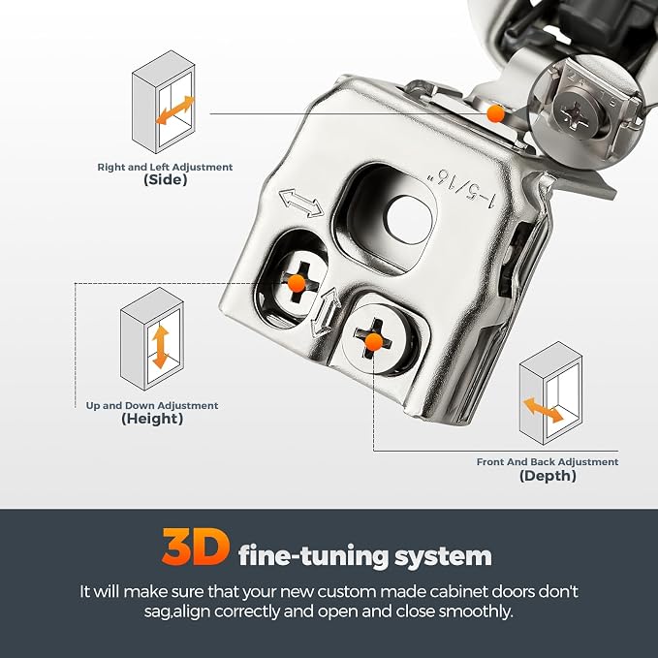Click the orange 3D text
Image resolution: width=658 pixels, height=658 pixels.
point(196,547)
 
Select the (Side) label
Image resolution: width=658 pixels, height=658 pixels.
point(165,180)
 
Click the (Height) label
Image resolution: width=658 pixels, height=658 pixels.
point(152,419)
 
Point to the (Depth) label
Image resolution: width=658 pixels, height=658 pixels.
point(548,476)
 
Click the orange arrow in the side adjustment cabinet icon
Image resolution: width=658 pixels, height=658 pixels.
point(175,110)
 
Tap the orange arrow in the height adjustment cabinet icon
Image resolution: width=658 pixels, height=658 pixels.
point(161,347)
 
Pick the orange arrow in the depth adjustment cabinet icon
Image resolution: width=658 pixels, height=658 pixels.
point(543,410)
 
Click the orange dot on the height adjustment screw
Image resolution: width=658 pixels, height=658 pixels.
point(297,283)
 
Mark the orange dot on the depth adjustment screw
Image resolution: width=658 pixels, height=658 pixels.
point(373,342)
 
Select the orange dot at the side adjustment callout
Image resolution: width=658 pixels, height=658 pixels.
point(495,113)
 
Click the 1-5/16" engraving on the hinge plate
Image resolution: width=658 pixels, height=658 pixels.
point(459,188)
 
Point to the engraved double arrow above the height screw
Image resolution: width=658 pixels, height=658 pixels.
point(301,204)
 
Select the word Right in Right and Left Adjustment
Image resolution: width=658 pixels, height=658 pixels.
point(110,167)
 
